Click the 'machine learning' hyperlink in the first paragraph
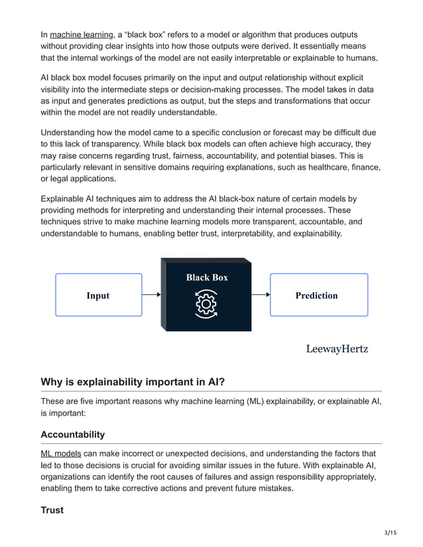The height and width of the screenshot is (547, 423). click(81, 34)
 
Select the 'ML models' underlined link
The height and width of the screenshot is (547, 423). click(61, 454)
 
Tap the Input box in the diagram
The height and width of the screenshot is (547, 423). click(98, 295)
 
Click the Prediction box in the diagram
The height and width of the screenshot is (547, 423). click(316, 295)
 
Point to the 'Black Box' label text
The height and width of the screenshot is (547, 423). click(206, 277)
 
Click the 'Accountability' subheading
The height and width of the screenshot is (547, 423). click(72, 434)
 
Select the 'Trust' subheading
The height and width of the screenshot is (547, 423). click(52, 510)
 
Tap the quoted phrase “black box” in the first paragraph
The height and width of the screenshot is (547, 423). click(141, 34)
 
